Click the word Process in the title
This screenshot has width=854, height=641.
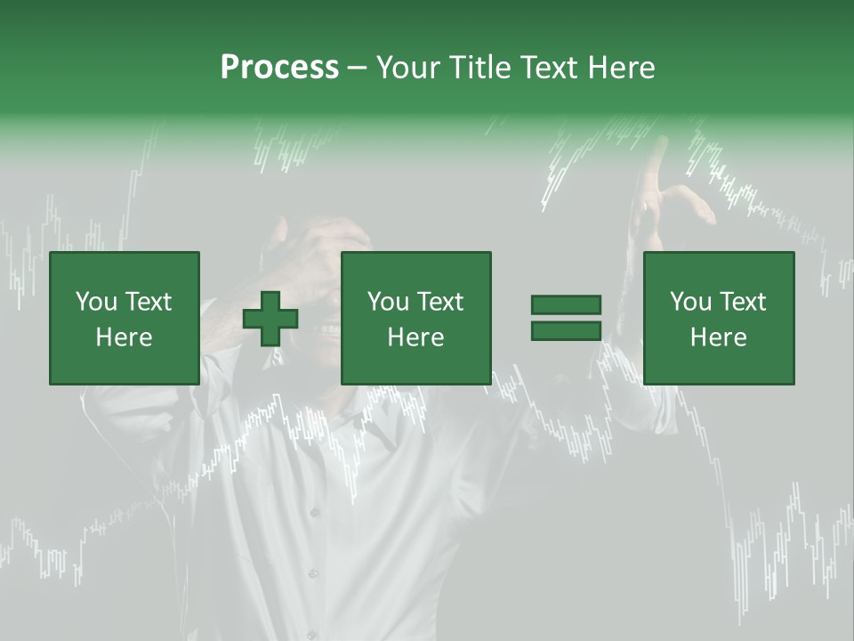(x=279, y=68)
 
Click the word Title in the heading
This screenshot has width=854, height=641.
(x=476, y=68)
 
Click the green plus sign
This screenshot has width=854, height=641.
(x=270, y=318)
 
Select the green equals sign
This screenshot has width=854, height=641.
(x=567, y=318)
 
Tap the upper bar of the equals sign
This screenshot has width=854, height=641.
(x=567, y=305)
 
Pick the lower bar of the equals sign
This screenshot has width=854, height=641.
(x=567, y=330)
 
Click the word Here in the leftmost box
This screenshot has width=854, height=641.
(x=124, y=337)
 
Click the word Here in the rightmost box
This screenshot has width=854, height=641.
(x=718, y=337)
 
